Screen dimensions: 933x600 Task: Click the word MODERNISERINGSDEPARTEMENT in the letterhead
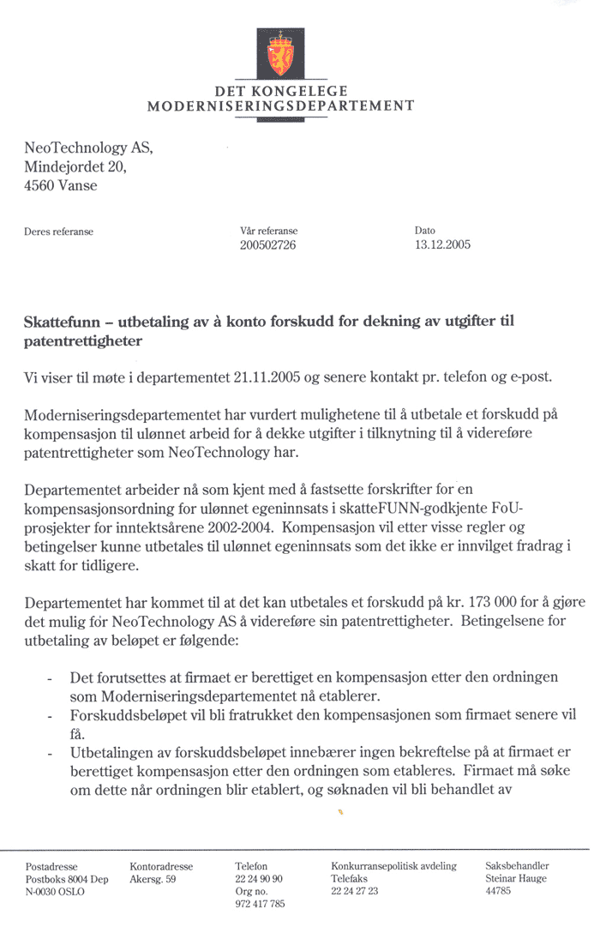click(x=281, y=106)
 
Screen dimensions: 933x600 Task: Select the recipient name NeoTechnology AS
click(x=88, y=148)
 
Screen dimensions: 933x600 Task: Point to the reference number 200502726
click(x=269, y=244)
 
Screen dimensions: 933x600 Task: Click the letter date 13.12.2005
click(x=442, y=244)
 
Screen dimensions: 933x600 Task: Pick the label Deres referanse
click(x=59, y=232)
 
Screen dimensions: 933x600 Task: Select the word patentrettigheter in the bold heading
click(x=83, y=341)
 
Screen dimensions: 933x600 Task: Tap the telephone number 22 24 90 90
click(x=259, y=879)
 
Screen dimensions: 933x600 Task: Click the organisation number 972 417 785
click(x=260, y=904)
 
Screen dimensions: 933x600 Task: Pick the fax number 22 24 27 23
click(x=355, y=892)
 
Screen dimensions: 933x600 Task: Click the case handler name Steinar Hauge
click(x=516, y=879)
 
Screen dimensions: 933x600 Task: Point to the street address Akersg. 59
click(x=153, y=879)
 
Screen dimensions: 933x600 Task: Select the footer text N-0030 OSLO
click(x=56, y=892)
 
